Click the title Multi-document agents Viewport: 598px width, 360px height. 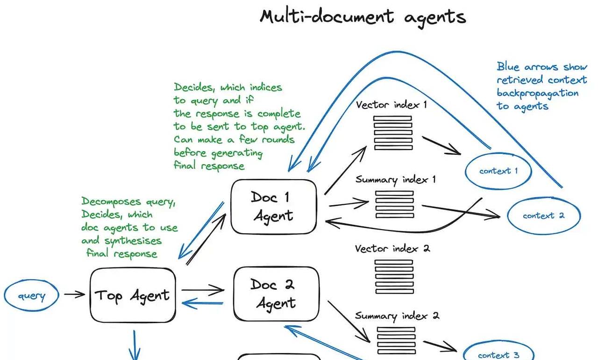(x=363, y=17)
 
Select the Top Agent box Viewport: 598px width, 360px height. (x=133, y=295)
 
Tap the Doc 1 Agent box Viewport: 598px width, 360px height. (x=274, y=206)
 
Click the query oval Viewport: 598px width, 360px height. (x=32, y=295)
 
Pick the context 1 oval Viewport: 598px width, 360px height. (x=498, y=171)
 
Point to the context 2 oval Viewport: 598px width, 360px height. (x=543, y=216)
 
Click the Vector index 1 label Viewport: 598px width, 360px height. (x=391, y=105)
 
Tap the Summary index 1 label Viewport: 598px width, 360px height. (x=395, y=180)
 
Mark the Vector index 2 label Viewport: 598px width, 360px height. (x=392, y=248)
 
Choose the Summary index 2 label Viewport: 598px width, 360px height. (x=397, y=316)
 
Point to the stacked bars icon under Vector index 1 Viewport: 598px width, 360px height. (x=393, y=133)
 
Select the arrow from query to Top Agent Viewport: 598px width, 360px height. (x=74, y=295)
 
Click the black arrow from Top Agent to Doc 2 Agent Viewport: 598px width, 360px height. (x=203, y=290)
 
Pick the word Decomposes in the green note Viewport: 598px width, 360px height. (x=111, y=202)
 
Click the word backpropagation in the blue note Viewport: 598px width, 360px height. (x=537, y=93)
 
